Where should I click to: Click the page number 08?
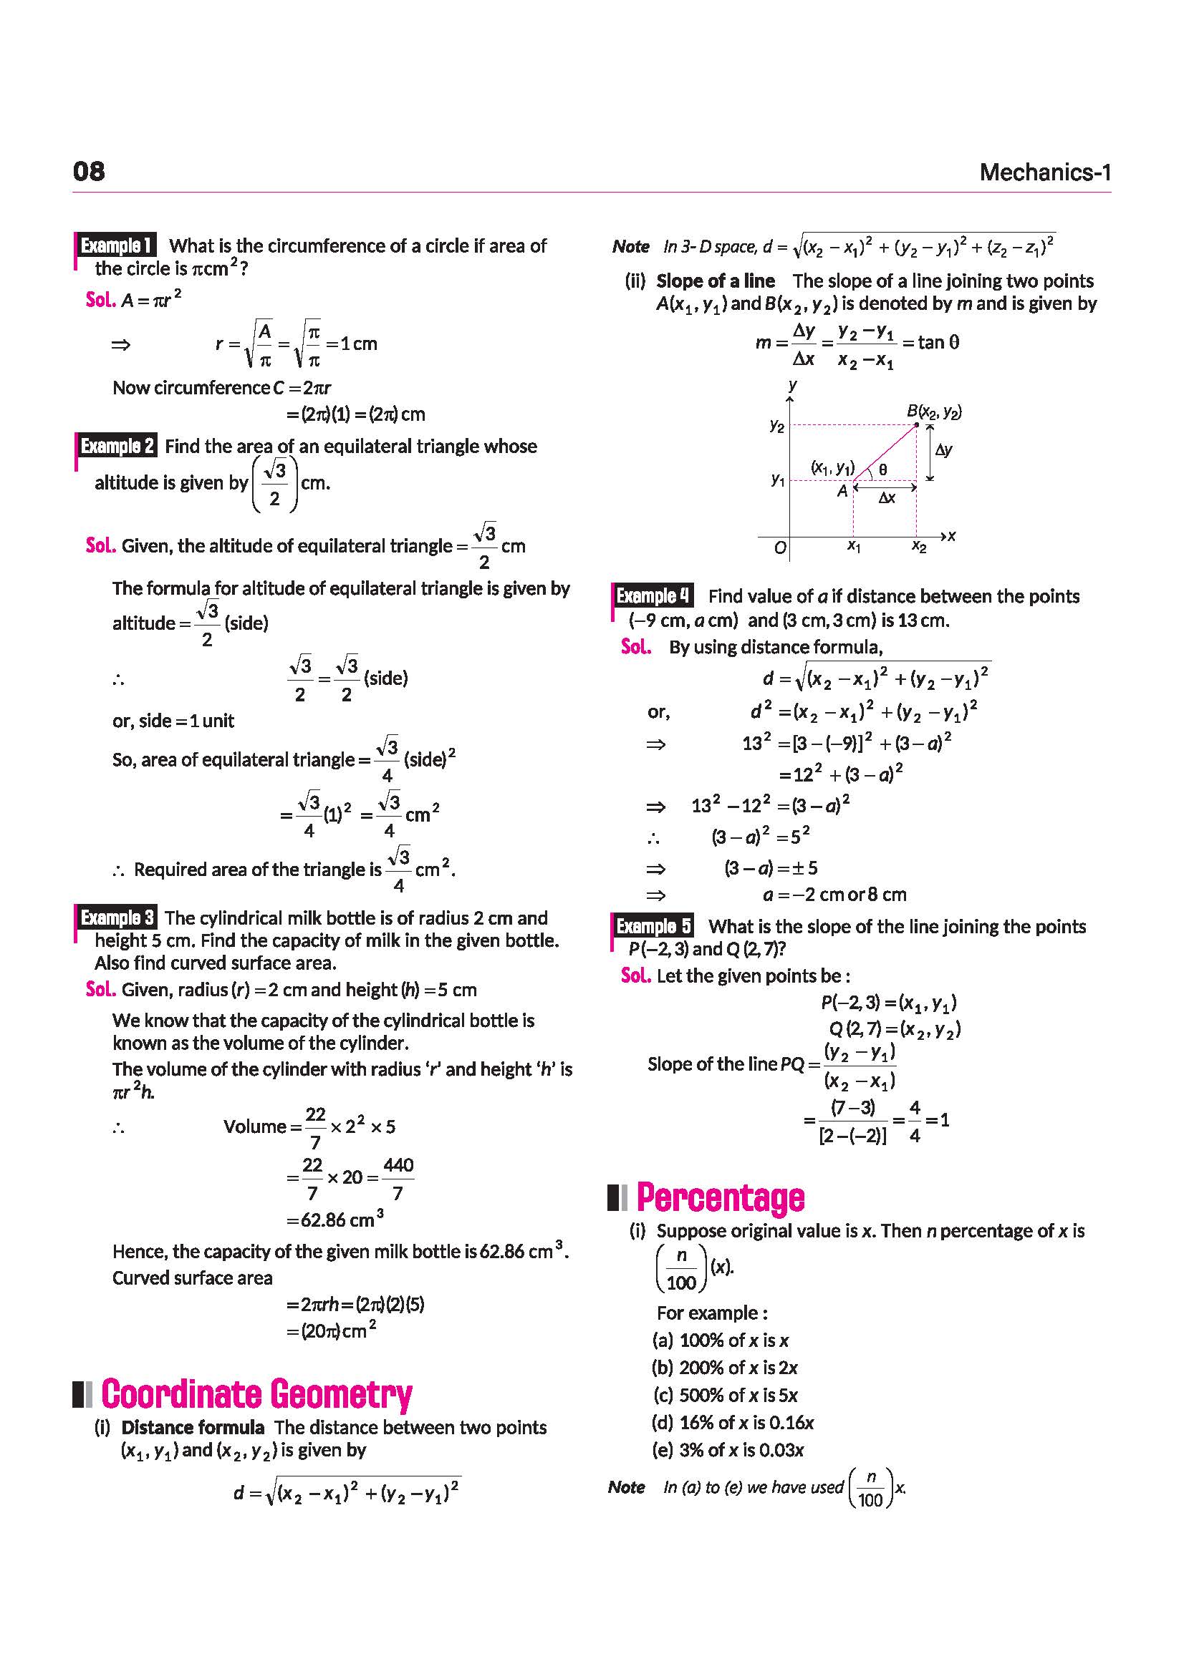(89, 171)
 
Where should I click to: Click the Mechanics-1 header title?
(1044, 172)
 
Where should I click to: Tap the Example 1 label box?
(116, 245)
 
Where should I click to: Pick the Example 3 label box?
(117, 918)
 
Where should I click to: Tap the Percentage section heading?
(720, 1197)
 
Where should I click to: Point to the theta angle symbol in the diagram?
(882, 470)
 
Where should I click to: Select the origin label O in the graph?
(780, 548)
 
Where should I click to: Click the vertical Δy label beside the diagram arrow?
(943, 450)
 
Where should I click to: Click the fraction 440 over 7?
(398, 1178)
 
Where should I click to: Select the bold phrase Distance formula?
(193, 1427)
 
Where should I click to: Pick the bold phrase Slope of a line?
(715, 281)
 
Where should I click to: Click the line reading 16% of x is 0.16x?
(733, 1422)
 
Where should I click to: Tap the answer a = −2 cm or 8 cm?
(834, 895)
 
